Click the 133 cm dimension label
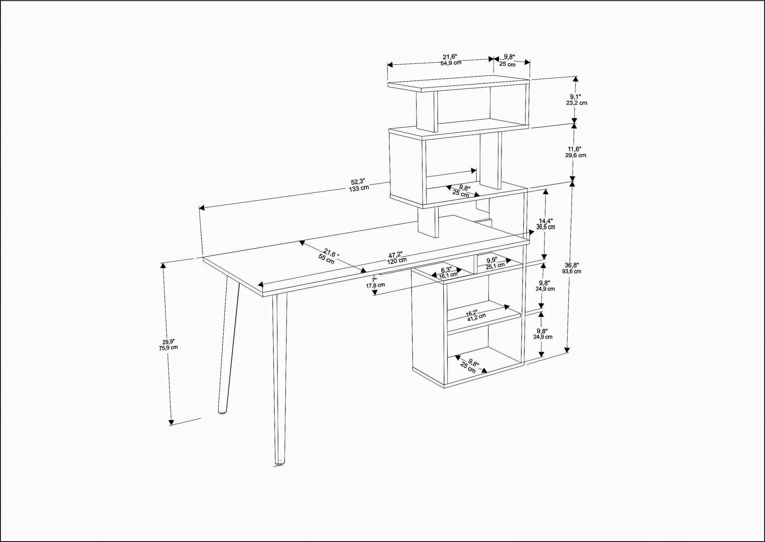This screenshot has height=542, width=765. [359, 188]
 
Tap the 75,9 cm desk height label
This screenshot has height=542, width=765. [168, 348]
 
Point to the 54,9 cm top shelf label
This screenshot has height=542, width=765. [451, 63]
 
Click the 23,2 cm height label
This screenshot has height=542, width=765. [577, 103]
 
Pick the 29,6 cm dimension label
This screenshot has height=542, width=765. [576, 155]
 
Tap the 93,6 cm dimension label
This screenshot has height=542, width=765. [571, 271]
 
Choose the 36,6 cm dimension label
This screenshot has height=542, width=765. [545, 227]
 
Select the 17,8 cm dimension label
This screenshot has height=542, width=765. [375, 285]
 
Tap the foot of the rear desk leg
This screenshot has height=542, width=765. [222, 412]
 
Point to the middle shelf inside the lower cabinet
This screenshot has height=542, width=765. [484, 317]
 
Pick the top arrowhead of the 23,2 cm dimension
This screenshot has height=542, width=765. [575, 80]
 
